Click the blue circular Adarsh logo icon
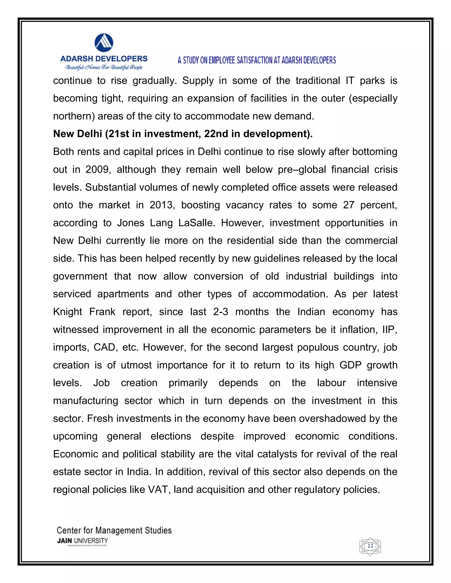click(x=104, y=43)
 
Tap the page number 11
click(x=370, y=546)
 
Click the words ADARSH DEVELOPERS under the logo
click(x=104, y=59)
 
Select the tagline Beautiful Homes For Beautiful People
click(x=104, y=67)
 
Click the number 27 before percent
click(x=349, y=205)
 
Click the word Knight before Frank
click(x=68, y=312)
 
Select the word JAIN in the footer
click(x=64, y=541)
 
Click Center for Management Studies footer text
click(x=114, y=530)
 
